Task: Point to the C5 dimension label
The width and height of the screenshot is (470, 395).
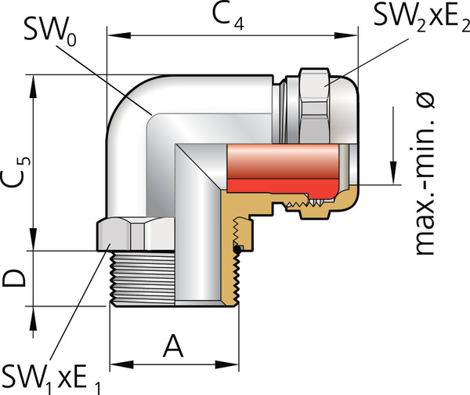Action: coord(18,172)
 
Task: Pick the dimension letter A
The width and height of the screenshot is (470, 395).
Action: coord(174,345)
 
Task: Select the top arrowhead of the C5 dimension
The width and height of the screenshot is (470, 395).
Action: coord(34,82)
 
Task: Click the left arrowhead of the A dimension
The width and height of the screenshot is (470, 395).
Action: coord(114,364)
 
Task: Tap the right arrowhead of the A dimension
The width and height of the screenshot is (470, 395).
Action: coord(235,364)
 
